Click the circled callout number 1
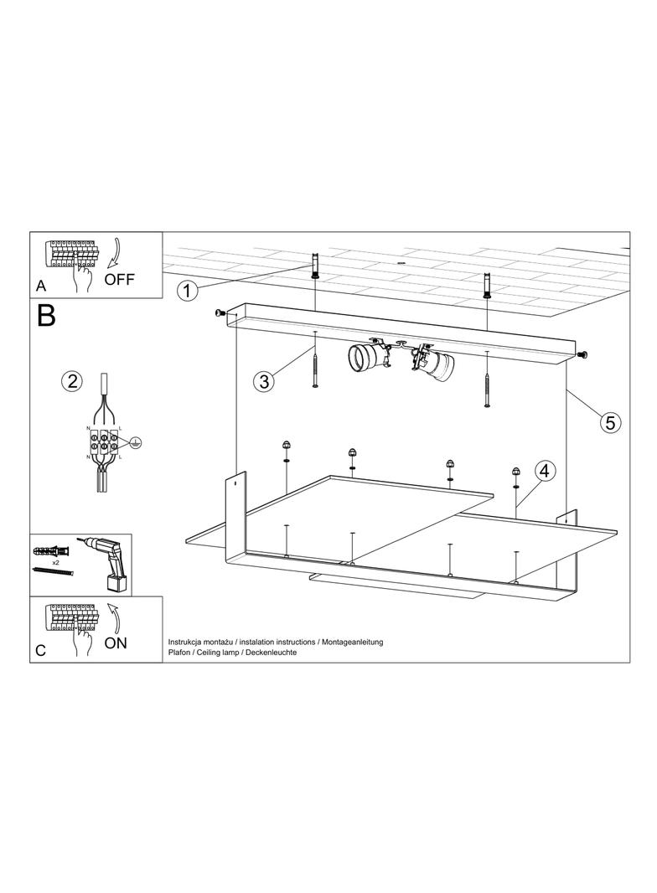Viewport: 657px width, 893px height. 186,291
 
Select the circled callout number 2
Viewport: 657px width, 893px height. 72,380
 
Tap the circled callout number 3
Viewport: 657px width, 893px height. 264,381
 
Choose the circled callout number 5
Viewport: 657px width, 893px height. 610,422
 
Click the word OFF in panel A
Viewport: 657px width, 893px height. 120,279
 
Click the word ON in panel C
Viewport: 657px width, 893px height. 116,643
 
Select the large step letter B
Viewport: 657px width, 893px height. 46,316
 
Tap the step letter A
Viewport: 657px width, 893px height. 40,286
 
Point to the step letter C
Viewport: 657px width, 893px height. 40,650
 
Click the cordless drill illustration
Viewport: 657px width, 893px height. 108,563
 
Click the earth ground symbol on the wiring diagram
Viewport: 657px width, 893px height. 134,441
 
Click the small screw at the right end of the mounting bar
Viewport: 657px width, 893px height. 582,355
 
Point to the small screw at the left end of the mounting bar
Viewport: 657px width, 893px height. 219,312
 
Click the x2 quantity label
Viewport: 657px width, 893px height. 56,561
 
